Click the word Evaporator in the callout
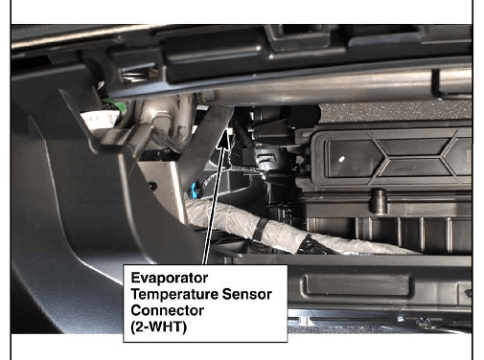[170, 278]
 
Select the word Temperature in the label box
[174, 294]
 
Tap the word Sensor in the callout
[246, 294]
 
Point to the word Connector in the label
[168, 310]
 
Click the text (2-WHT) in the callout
[158, 326]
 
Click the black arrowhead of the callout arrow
[224, 142]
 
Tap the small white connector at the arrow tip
[229, 131]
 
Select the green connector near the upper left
[114, 106]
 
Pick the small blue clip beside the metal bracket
[195, 190]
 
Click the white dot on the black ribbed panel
[341, 159]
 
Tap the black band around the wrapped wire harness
[260, 230]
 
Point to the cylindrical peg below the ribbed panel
[380, 201]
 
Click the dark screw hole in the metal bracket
[153, 186]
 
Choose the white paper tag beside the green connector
[100, 120]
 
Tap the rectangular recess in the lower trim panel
[357, 285]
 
